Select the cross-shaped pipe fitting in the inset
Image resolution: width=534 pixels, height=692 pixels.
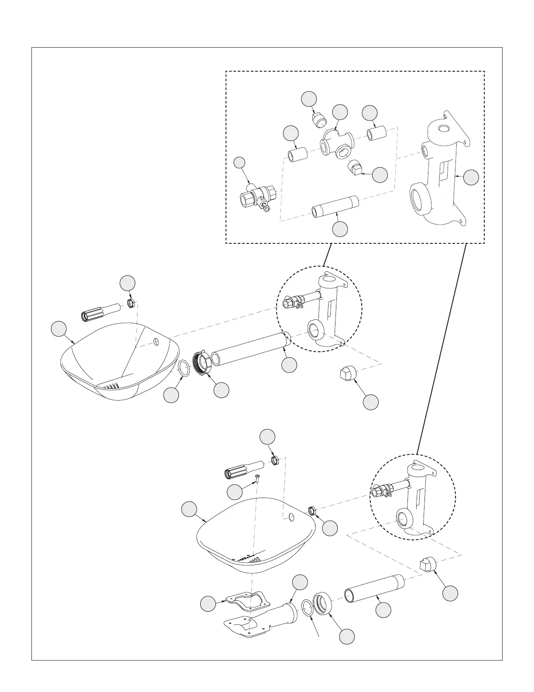pos(336,146)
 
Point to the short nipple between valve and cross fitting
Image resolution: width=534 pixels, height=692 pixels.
pos(297,155)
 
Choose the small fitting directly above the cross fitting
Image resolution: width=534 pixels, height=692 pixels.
pos(321,119)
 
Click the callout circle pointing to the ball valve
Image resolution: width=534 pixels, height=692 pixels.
pos(239,163)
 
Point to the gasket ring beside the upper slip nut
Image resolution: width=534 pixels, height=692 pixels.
pos(184,368)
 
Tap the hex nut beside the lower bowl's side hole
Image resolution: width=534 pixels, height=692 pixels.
pos(312,510)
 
